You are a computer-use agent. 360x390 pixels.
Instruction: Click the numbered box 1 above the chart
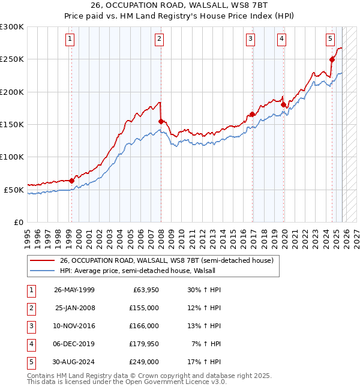[70, 40]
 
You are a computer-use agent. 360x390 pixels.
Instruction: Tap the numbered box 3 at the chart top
[250, 40]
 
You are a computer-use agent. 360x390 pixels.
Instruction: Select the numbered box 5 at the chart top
[331, 40]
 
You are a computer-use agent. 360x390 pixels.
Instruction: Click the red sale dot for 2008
[161, 121]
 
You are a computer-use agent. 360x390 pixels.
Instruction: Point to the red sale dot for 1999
[71, 181]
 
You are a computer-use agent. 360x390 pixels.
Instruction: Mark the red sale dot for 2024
[332, 59]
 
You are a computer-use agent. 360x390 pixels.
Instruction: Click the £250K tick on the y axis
[12, 59]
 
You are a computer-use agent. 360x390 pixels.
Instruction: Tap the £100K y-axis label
[12, 157]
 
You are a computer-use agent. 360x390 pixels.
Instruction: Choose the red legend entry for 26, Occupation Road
[166, 260]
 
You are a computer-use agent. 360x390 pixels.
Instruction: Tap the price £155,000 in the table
[144, 308]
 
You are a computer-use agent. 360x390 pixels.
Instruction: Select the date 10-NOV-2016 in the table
[74, 326]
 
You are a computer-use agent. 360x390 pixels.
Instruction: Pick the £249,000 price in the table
[144, 362]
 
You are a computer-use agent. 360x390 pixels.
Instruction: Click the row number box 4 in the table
[30, 344]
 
